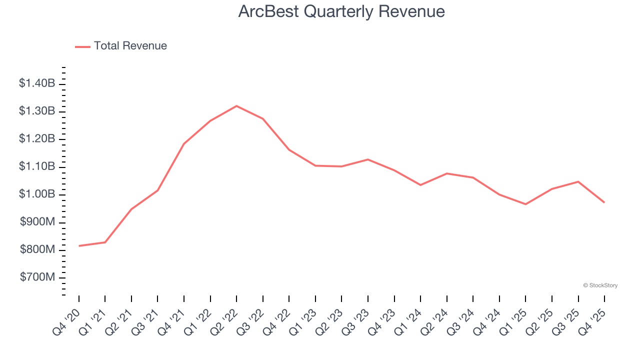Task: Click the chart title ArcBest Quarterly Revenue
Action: point(341,11)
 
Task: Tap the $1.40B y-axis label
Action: point(37,83)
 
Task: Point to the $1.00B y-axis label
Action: point(37,194)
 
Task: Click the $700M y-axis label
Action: point(37,277)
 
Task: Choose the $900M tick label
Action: point(37,221)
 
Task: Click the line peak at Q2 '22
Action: point(236,106)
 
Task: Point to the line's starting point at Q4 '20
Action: point(79,246)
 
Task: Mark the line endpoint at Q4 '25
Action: point(604,202)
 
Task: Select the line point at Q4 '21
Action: point(184,144)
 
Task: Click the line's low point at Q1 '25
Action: point(525,204)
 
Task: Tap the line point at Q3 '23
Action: point(368,159)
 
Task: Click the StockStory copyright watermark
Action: point(600,285)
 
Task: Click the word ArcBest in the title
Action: point(268,11)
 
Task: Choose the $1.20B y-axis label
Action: point(37,138)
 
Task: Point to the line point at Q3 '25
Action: point(578,181)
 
